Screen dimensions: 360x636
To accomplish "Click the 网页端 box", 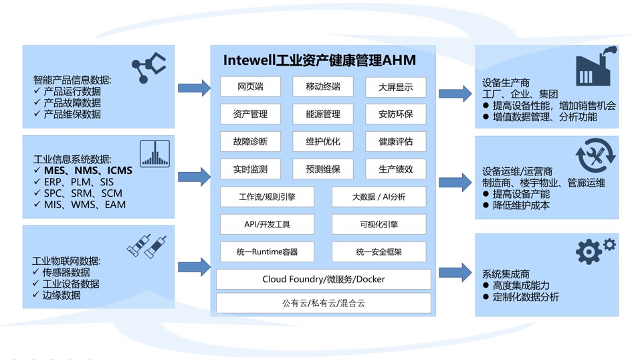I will point(250,87).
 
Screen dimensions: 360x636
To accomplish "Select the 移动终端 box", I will point(323,87).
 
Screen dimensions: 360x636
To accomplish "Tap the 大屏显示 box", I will point(395,87).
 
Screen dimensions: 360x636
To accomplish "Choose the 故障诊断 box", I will point(250,142).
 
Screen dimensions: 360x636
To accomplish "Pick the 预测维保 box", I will point(323,169).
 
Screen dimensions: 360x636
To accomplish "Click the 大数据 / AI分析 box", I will point(379,197).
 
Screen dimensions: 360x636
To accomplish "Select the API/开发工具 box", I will point(267,224).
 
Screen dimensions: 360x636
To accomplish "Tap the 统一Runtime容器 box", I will point(267,252).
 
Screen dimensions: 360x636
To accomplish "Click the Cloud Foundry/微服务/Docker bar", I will point(324,279).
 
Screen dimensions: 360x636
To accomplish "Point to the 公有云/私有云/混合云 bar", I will point(324,303).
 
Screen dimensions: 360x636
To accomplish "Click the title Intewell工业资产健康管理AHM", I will point(320,61).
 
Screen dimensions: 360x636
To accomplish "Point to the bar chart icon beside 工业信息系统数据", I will point(154,153).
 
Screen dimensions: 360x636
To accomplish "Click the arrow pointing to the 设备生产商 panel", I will point(455,93).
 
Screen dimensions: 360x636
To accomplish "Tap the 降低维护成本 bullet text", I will point(521,205).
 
